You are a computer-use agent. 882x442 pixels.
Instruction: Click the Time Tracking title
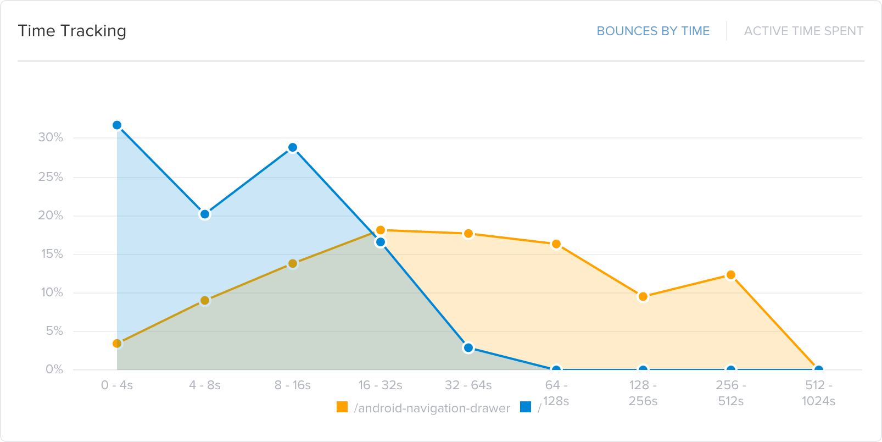[72, 31]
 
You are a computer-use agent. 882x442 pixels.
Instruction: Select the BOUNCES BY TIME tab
[653, 31]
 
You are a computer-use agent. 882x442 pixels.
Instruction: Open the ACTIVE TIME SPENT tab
[803, 31]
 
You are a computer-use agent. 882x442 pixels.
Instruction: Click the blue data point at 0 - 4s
[117, 125]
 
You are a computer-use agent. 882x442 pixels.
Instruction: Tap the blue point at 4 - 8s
[205, 214]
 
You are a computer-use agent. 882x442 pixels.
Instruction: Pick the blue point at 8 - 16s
[293, 147]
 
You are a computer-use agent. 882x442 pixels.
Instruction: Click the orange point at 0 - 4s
[117, 344]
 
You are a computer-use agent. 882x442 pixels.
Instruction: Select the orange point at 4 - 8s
[205, 301]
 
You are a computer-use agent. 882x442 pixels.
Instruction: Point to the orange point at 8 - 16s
[293, 264]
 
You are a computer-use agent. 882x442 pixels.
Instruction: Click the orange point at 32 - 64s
[468, 234]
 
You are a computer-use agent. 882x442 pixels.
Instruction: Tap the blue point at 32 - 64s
[468, 347]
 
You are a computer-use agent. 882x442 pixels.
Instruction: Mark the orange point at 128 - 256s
[643, 297]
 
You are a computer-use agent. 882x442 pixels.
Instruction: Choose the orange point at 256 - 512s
[731, 275]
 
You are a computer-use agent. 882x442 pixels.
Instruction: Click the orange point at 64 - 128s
[556, 244]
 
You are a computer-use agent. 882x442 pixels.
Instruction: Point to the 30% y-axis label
[51, 137]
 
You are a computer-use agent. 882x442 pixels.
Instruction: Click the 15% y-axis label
[52, 254]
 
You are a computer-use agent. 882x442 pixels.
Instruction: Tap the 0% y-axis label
[54, 369]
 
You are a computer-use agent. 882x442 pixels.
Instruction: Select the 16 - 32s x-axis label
[380, 385]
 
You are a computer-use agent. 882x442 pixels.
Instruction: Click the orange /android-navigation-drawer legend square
[342, 407]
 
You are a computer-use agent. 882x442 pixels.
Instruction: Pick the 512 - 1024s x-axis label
[818, 393]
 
